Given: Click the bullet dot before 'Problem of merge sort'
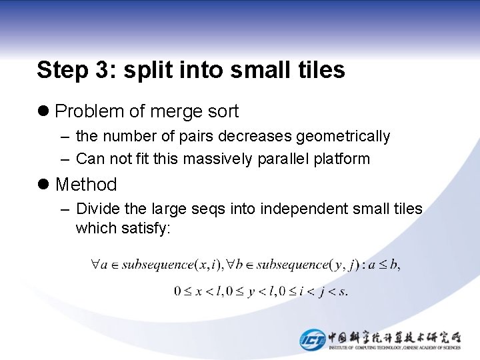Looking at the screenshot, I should click(44, 111).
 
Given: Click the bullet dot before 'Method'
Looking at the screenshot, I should click(44, 185).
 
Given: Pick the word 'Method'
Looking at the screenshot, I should click(86, 185).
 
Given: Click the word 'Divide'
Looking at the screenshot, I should click(97, 209).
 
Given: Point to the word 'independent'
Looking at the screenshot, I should click(304, 209).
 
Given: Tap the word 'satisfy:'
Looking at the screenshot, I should click(146, 229).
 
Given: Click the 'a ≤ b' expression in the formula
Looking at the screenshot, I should click(385, 265).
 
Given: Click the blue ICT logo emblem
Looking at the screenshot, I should click(312, 339).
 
